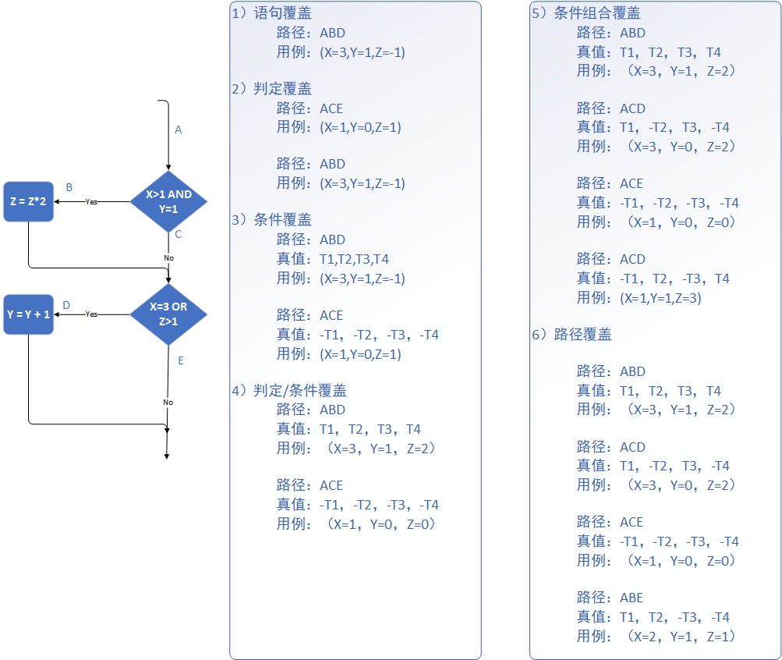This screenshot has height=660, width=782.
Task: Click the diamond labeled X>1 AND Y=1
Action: [x=168, y=201]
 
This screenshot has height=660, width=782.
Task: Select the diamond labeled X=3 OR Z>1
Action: [x=168, y=314]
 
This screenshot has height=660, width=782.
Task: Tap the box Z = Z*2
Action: [x=28, y=201]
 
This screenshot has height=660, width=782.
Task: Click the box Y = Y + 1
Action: [x=28, y=314]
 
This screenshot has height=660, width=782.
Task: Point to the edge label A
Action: [x=178, y=130]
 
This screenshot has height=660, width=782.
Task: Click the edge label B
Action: [x=69, y=188]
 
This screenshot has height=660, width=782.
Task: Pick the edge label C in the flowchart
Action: [x=179, y=234]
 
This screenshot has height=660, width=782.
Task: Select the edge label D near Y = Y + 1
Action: [x=66, y=305]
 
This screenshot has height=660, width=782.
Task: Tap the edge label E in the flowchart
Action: [x=181, y=360]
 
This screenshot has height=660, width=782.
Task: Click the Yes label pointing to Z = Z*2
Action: [x=91, y=201]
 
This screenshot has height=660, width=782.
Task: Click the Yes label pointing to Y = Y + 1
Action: [x=91, y=314]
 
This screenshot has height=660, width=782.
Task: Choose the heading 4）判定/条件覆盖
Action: [x=289, y=390]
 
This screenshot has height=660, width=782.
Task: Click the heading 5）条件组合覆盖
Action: [x=586, y=14]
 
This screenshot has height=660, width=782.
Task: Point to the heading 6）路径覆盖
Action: [x=571, y=335]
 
